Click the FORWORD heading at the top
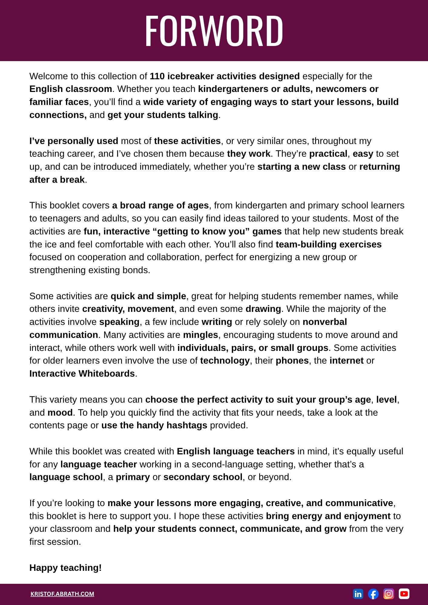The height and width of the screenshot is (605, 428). (214, 30)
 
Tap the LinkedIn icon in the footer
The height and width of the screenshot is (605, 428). (358, 594)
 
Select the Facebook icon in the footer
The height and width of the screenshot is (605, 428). (373, 594)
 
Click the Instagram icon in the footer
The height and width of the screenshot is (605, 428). (389, 594)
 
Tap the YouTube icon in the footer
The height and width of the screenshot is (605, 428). (404, 594)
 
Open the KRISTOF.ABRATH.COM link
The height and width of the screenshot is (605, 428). (62, 594)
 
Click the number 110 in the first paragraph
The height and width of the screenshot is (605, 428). (157, 76)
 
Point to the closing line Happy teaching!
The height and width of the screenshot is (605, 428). (65, 568)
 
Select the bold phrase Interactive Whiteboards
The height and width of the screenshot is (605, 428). (82, 374)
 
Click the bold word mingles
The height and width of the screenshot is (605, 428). (200, 335)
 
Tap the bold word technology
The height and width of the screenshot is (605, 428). (225, 361)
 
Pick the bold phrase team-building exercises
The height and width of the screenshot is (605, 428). (328, 244)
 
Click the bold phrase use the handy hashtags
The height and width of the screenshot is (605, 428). (154, 425)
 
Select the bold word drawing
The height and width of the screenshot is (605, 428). (263, 309)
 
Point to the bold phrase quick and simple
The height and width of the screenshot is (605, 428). (148, 296)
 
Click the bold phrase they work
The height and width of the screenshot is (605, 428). (249, 154)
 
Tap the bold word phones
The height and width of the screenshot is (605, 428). (292, 361)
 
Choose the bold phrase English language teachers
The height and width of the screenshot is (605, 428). (235, 451)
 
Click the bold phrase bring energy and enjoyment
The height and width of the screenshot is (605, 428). (328, 516)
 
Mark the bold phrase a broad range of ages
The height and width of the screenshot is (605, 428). (160, 205)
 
